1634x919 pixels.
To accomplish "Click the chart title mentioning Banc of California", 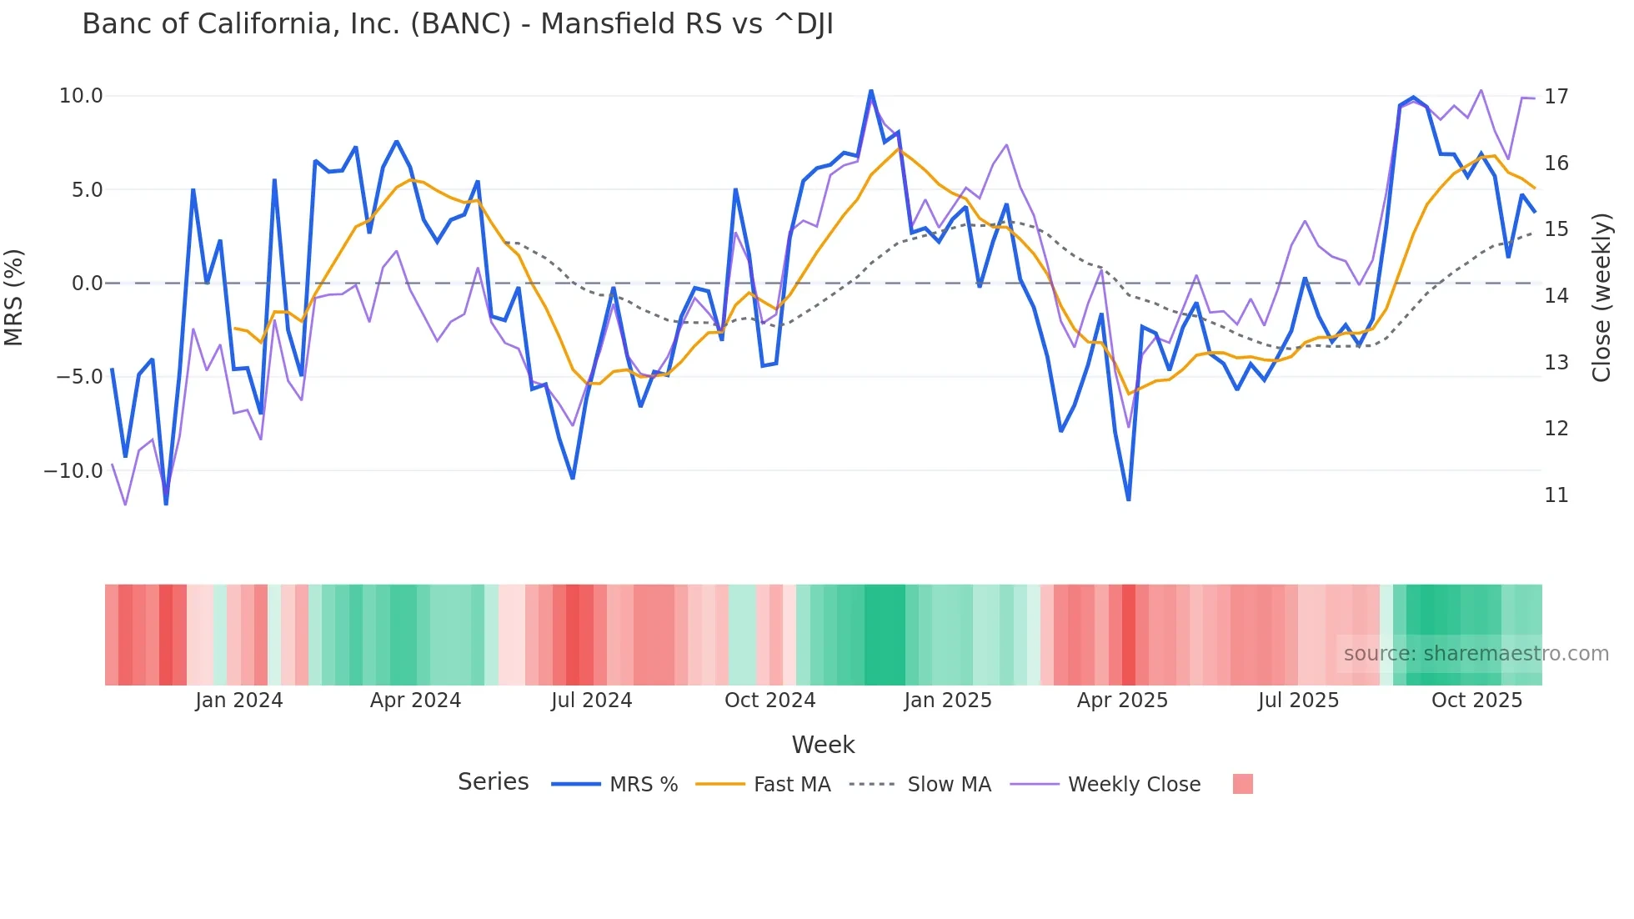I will (458, 24).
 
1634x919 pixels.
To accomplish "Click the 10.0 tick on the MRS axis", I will (81, 96).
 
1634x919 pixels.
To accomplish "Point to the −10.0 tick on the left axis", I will (73, 470).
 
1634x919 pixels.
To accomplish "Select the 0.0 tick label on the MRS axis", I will (87, 284).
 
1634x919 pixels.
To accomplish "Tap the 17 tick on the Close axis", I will (1556, 97).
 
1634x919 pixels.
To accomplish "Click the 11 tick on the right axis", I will (1556, 495).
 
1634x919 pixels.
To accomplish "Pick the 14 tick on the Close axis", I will (1556, 296).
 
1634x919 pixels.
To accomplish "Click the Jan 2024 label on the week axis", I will (239, 701).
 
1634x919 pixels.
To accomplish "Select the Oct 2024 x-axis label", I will (769, 701).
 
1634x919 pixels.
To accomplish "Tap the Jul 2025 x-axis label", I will (1298, 701).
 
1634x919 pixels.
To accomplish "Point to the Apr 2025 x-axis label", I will (1122, 701).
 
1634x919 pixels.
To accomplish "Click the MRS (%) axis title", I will (14, 297).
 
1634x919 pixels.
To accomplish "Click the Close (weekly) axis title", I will (1601, 298).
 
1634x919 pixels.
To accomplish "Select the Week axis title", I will (823, 745).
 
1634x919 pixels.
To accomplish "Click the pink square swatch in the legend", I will (1242, 784).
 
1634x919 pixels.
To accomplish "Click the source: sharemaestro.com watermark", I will (1476, 654).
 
